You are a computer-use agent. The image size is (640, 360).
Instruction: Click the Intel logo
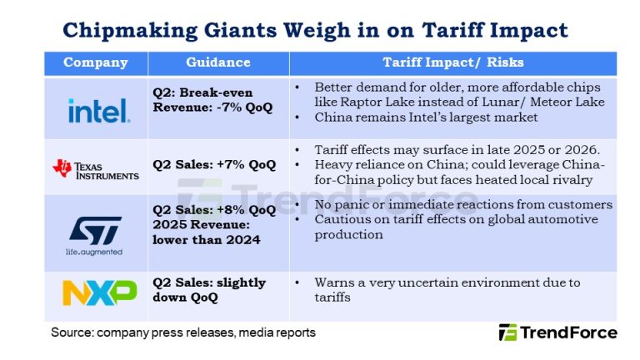[x=98, y=109]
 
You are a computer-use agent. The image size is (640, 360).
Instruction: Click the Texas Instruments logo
[x=96, y=169]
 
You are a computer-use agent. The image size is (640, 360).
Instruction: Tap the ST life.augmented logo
[x=95, y=234]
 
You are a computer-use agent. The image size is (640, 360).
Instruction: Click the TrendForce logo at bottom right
[x=558, y=332]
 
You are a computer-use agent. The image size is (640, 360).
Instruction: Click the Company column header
[x=96, y=62]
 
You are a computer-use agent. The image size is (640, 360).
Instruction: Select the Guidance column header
[x=218, y=62]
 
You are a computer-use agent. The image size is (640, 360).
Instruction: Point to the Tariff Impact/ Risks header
[x=452, y=62]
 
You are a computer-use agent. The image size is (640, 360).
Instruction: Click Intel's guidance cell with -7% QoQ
[x=217, y=100]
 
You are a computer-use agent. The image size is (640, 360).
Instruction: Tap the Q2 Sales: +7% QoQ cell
[x=214, y=164]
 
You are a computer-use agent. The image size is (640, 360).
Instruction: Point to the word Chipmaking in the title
[x=126, y=31]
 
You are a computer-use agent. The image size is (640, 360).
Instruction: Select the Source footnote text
[x=183, y=332]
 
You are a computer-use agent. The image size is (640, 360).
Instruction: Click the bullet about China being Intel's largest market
[x=426, y=117]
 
